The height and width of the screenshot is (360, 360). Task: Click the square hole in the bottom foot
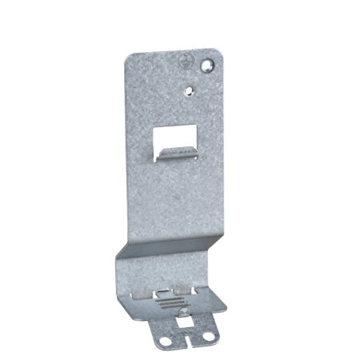[183, 322]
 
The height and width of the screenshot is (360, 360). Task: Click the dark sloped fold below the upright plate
[164, 248]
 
